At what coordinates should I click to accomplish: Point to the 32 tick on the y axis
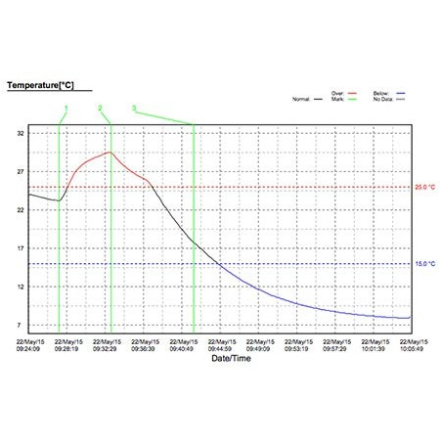[20, 132]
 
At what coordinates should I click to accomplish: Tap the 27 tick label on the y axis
[20, 170]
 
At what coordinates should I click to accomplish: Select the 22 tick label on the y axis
[20, 209]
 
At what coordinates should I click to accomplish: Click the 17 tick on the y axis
[20, 247]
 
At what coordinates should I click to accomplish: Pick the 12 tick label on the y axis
[20, 287]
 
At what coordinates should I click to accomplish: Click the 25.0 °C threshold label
[425, 187]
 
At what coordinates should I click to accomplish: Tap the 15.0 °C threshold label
[425, 264]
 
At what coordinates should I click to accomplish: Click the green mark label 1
[66, 107]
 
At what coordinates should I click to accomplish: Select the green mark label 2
[100, 107]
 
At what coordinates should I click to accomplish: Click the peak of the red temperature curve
[110, 152]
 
